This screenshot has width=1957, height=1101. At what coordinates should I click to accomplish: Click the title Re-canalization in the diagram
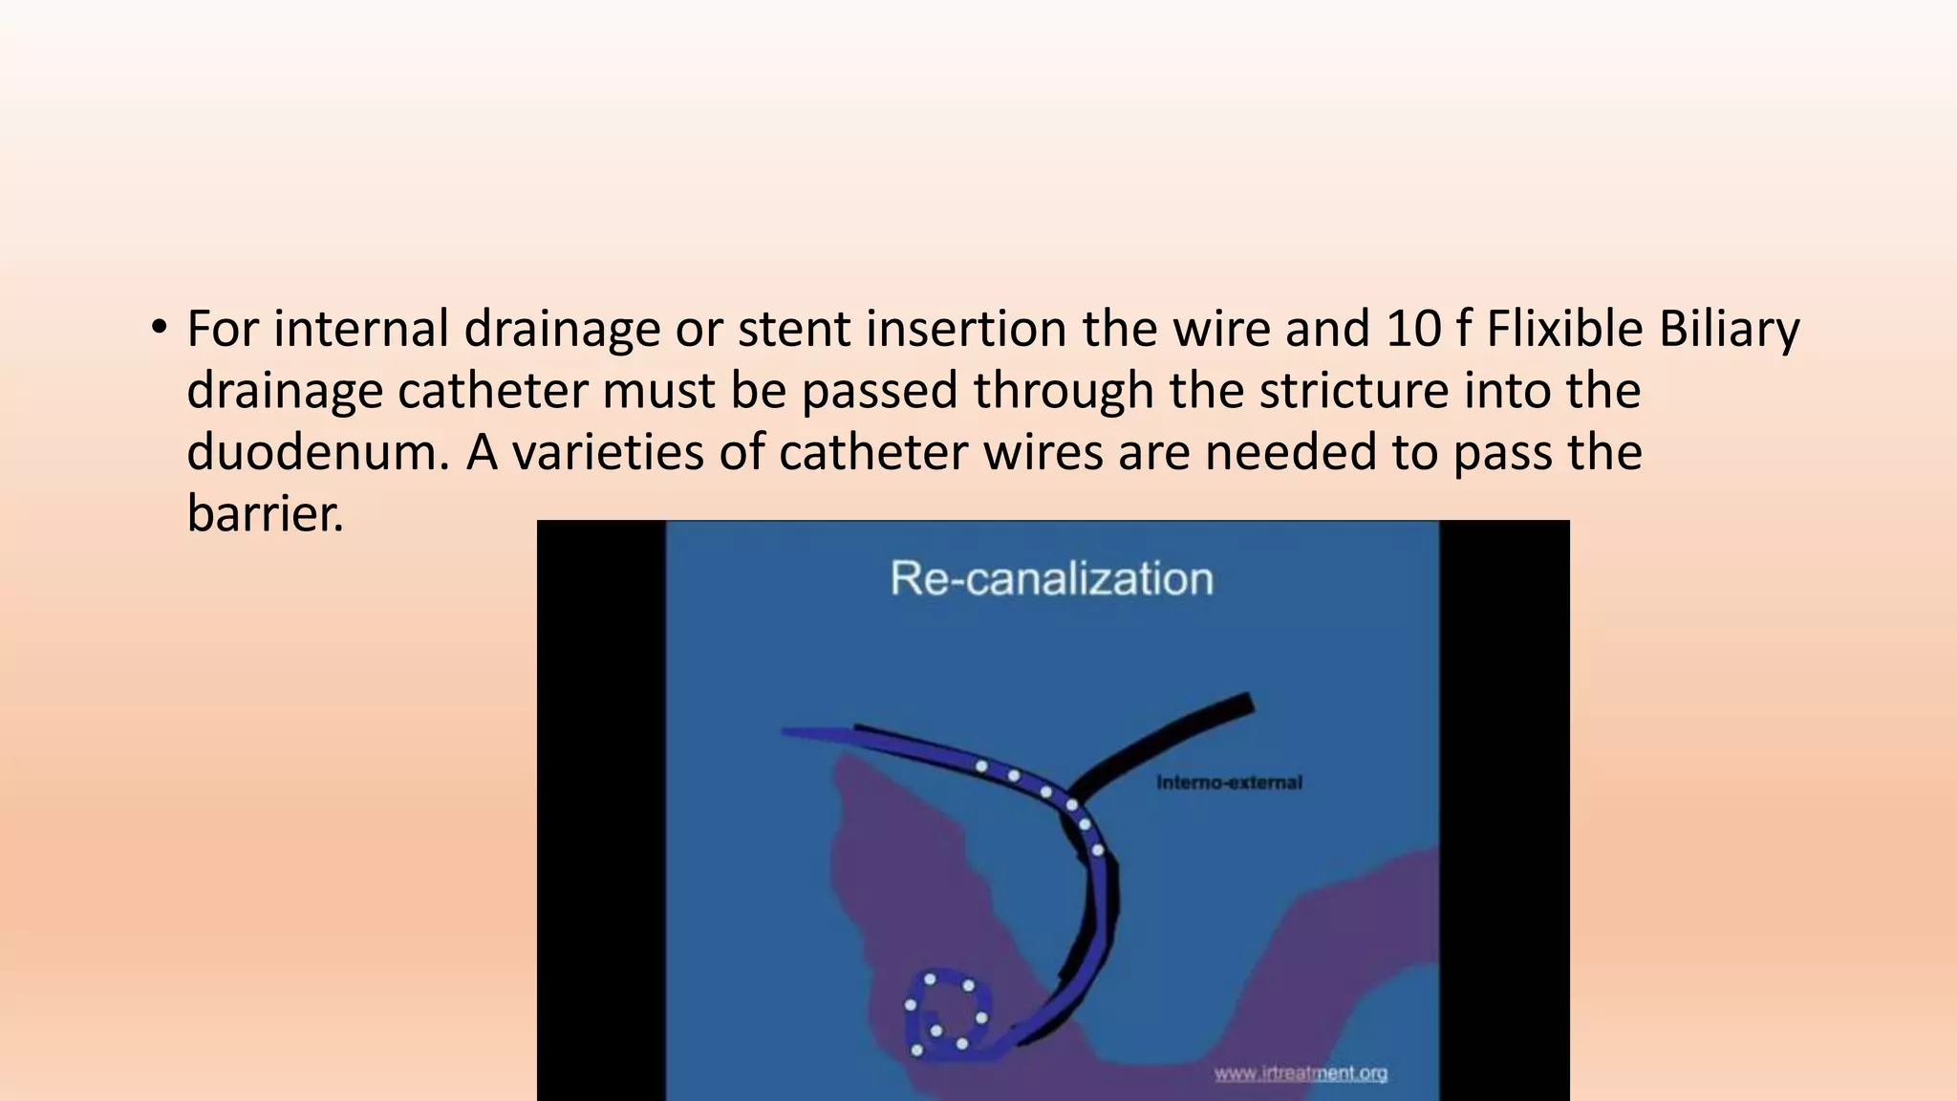click(1051, 579)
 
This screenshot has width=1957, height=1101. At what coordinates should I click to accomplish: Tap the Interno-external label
click(1229, 783)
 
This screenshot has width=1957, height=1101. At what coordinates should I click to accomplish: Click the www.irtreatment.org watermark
click(1301, 1073)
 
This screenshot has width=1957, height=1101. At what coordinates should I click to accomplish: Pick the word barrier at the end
click(265, 514)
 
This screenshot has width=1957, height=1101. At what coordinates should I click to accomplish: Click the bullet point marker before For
click(159, 329)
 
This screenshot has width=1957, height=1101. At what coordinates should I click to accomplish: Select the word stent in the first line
click(793, 329)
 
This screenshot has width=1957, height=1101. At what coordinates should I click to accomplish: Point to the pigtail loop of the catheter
click(946, 1016)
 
